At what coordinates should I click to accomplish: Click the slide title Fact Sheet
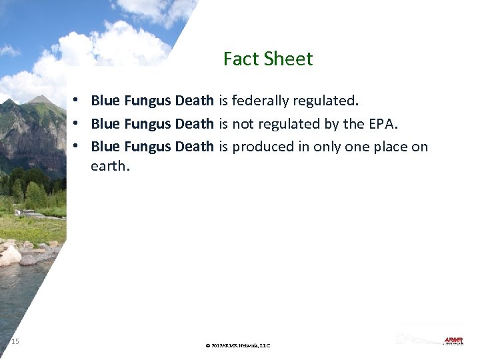(x=268, y=59)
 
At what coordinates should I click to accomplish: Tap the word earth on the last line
(x=109, y=166)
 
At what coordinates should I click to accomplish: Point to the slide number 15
(x=15, y=341)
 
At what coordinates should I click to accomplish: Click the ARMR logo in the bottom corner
(x=453, y=341)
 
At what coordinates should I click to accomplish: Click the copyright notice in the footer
(x=238, y=345)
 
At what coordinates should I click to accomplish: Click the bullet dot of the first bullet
(x=78, y=101)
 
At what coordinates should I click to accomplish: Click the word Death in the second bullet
(x=194, y=124)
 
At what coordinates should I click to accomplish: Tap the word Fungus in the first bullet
(x=147, y=101)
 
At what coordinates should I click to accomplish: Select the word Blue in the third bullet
(x=105, y=147)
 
